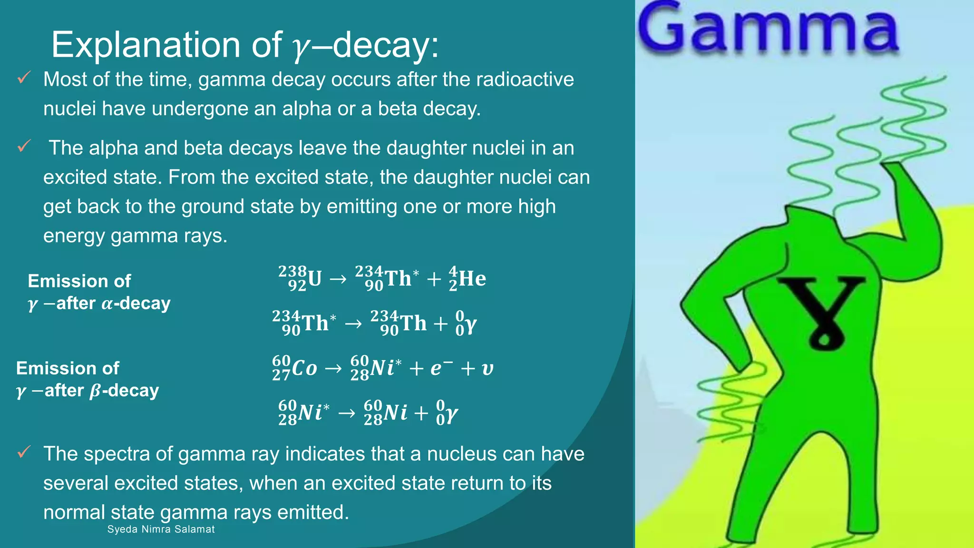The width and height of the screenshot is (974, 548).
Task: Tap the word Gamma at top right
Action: coord(768,29)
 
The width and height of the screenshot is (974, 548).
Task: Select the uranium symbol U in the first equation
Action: coord(314,279)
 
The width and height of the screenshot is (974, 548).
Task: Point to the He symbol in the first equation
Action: coord(472,279)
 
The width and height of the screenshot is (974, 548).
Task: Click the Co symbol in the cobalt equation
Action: coord(304,368)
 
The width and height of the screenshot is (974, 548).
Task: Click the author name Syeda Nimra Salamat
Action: coord(161,529)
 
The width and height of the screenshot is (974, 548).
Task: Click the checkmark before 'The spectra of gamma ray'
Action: coord(24,452)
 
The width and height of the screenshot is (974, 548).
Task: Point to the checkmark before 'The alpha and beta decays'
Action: coord(24,146)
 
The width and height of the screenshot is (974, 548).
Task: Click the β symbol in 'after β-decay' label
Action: coord(95,391)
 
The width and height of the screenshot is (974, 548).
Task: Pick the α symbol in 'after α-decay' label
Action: coord(107,304)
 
